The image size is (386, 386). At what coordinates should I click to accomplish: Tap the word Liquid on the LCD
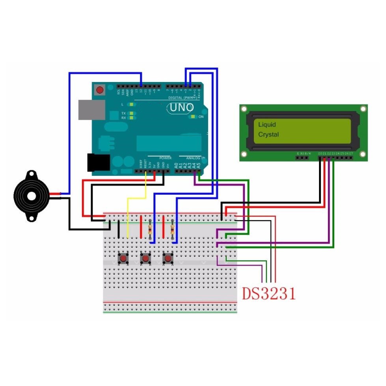(x=267, y=125)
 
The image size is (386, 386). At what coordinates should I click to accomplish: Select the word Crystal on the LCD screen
(x=269, y=134)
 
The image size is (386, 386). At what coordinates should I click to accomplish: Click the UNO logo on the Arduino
(x=182, y=107)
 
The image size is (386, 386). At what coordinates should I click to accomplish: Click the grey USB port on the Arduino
(x=91, y=110)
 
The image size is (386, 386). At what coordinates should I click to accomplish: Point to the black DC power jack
(x=98, y=162)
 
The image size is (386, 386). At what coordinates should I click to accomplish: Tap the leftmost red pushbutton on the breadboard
(x=123, y=259)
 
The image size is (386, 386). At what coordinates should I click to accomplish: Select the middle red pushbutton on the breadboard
(x=146, y=259)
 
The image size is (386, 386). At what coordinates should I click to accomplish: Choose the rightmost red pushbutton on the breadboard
(x=168, y=259)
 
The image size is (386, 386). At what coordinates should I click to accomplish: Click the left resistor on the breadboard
(x=150, y=229)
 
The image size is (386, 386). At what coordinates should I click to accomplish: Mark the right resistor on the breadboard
(x=172, y=229)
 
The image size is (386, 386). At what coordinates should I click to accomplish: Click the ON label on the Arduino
(x=201, y=117)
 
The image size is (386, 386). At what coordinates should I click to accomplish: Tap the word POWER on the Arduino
(x=166, y=158)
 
